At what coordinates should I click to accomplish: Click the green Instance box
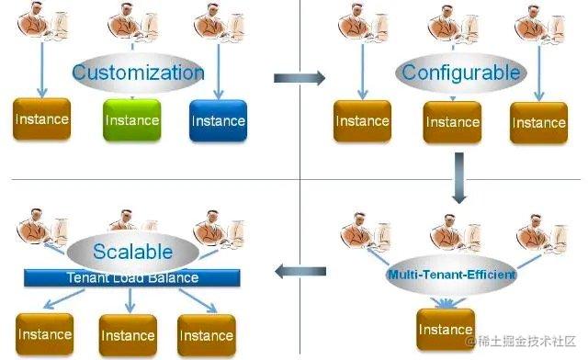click(132, 120)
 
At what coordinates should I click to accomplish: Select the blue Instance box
click(219, 120)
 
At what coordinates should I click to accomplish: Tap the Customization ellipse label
click(138, 73)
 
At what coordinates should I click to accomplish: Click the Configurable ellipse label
click(447, 73)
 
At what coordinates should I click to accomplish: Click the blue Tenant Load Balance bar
click(132, 277)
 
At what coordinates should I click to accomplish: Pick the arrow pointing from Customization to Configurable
click(300, 78)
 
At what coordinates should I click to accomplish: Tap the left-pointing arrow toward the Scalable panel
click(301, 270)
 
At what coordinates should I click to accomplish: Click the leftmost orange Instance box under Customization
click(40, 120)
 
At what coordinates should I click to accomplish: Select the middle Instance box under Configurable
click(452, 121)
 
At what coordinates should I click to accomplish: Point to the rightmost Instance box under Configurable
click(538, 122)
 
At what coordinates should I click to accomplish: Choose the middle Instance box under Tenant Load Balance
click(128, 335)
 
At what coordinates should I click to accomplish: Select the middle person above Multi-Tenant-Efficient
click(452, 231)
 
